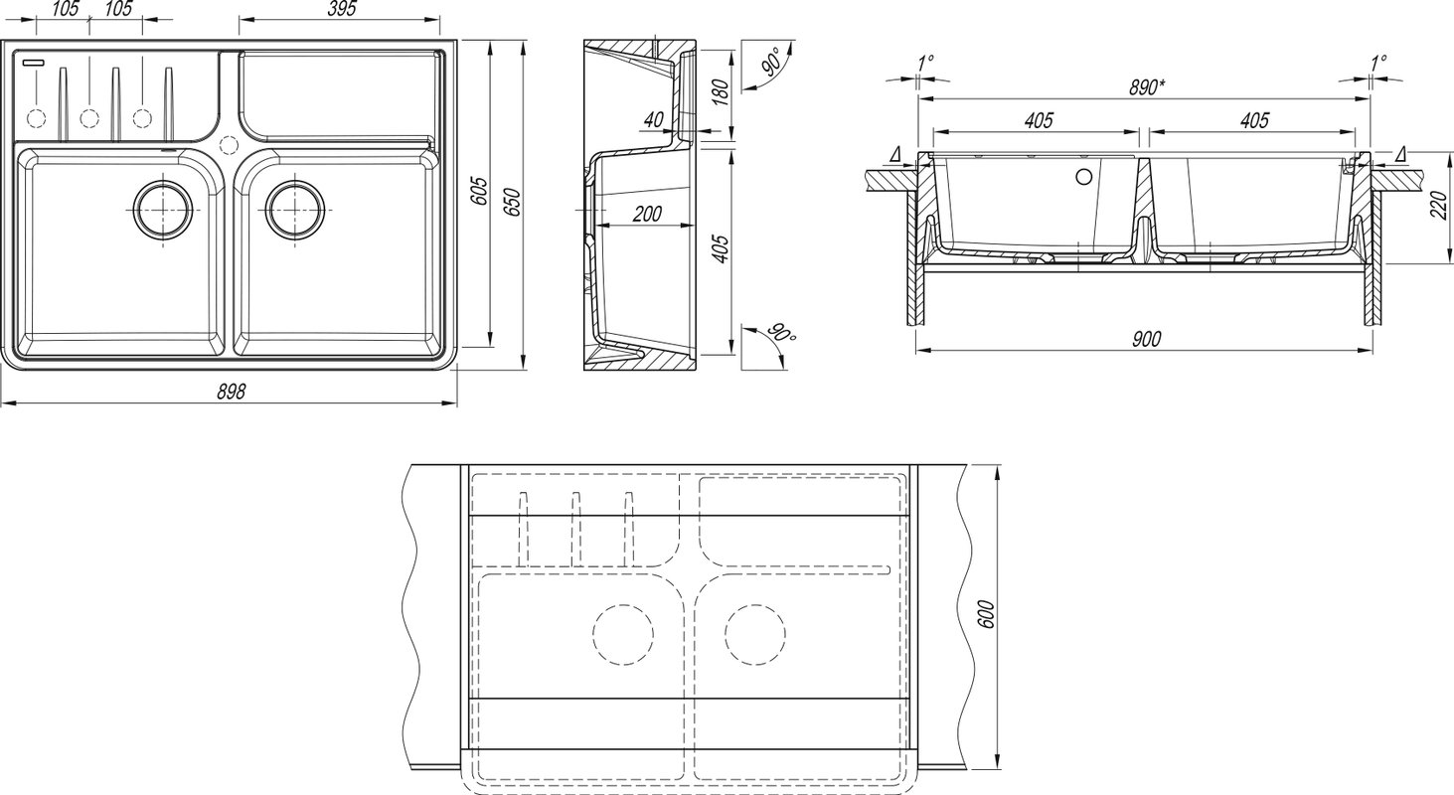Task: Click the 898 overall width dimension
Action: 232,392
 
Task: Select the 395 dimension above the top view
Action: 342,8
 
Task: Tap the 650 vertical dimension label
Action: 513,202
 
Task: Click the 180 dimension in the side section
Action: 722,91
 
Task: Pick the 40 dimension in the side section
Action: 654,119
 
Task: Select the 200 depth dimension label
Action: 647,214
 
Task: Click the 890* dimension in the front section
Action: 1147,87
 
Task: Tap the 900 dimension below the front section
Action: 1146,339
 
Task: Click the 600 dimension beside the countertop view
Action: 985,614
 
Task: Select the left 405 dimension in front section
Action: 1039,120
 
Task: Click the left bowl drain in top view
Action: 163,209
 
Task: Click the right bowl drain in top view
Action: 295,209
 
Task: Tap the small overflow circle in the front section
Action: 1084,176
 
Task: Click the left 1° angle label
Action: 925,64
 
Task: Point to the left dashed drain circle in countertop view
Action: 623,634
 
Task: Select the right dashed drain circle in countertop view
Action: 755,634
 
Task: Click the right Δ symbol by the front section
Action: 1399,154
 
